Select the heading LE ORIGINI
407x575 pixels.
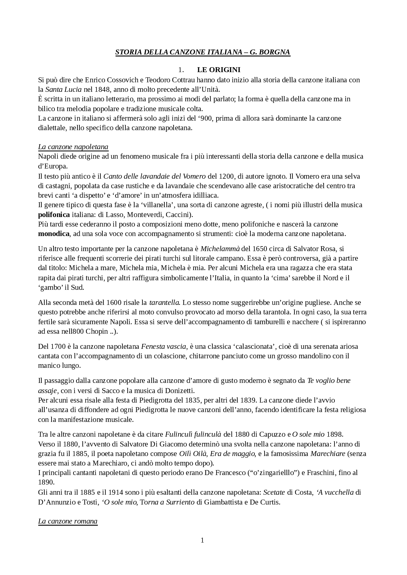219,70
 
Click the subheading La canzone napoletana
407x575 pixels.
73,147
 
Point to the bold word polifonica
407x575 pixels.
54,215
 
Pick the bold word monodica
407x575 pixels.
54,234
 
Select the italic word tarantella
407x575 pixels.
164,302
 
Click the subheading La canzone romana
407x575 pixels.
68,521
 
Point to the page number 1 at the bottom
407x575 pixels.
202,540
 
